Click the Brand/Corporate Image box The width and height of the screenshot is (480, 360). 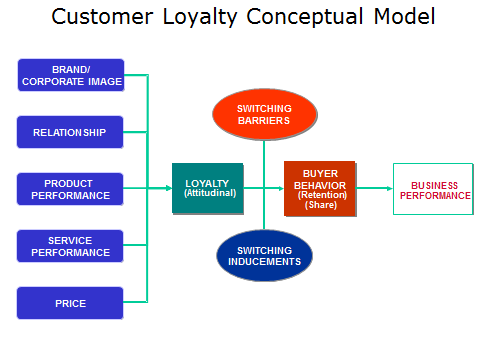click(x=71, y=75)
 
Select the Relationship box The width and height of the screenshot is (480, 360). click(x=70, y=132)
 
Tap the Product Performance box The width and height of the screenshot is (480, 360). click(x=70, y=189)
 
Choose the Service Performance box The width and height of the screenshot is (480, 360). click(x=70, y=246)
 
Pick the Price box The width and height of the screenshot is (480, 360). click(x=70, y=303)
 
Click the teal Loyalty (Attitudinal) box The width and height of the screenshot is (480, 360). click(x=208, y=188)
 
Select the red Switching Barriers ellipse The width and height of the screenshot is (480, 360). click(x=265, y=114)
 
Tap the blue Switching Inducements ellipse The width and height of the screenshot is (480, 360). click(x=264, y=255)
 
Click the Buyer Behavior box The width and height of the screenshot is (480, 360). click(x=320, y=189)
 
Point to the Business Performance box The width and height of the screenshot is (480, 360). click(x=433, y=189)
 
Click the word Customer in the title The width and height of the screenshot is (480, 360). click(x=102, y=17)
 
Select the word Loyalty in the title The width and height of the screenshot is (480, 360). click(x=200, y=17)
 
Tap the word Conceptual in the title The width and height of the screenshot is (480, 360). click(x=305, y=17)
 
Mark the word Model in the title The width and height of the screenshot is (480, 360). click(x=404, y=16)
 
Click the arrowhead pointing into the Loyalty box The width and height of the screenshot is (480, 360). click(x=169, y=188)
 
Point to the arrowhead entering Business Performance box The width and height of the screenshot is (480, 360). click(x=390, y=188)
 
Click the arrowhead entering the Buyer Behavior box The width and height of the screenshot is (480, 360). click(x=281, y=188)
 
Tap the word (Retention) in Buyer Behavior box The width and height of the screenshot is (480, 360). click(x=322, y=195)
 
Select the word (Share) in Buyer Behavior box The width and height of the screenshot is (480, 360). click(x=321, y=205)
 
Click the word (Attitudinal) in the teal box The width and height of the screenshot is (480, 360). click(x=210, y=193)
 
